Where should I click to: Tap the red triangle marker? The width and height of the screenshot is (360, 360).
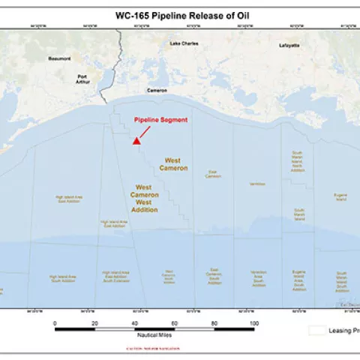point(136,140)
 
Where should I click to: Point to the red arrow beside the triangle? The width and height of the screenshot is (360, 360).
point(145,131)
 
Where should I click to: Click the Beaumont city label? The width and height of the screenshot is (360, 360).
point(59,58)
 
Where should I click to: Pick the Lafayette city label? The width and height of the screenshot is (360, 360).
point(289,45)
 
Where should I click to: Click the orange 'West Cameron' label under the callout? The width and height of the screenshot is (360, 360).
point(173,164)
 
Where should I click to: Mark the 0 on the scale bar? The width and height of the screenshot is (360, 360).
point(55,322)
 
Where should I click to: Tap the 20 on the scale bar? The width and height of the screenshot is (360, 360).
point(94,322)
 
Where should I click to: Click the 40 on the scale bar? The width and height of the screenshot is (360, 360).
point(134,322)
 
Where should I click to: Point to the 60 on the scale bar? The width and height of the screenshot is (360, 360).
point(174,322)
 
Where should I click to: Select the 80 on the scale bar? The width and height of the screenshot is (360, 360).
point(214,322)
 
